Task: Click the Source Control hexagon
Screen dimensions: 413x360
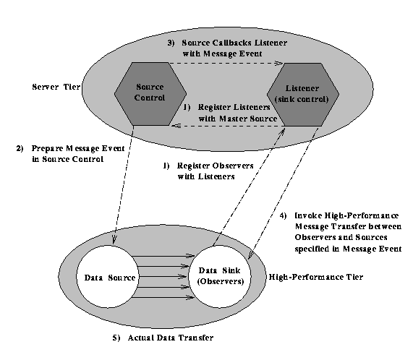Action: click(x=150, y=94)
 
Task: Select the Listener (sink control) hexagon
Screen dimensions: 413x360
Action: click(x=303, y=95)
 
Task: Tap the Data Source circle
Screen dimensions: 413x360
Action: click(x=108, y=277)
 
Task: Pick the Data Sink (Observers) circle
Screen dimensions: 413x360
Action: click(x=220, y=277)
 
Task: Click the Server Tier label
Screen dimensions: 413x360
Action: click(x=56, y=87)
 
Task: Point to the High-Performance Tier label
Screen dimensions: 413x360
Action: click(x=316, y=277)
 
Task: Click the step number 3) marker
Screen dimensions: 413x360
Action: click(x=171, y=43)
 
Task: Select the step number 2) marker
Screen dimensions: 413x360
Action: click(x=20, y=148)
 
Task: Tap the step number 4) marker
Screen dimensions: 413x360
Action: click(x=283, y=216)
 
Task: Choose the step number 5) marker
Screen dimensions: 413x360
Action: click(x=116, y=338)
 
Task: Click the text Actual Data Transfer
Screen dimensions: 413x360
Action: click(x=171, y=338)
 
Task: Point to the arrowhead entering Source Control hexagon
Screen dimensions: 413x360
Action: click(x=176, y=126)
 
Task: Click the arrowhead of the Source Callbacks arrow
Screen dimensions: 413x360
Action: click(x=278, y=63)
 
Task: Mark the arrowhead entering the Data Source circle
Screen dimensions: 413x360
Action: click(x=114, y=240)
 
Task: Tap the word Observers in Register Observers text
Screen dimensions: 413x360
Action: click(x=233, y=166)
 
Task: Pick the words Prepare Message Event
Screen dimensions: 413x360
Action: click(x=78, y=149)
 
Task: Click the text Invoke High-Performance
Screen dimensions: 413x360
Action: click(x=346, y=216)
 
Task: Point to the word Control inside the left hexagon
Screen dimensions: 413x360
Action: click(x=150, y=98)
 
